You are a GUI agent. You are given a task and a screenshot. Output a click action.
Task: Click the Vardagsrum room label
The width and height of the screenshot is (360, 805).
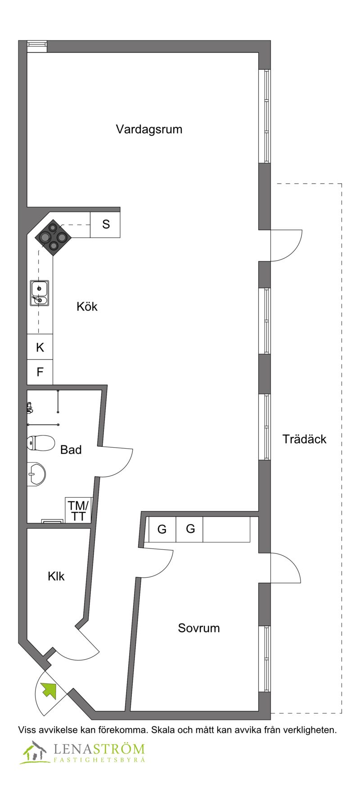pos(149,130)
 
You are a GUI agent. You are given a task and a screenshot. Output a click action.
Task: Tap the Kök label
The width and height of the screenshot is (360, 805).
pos(87,306)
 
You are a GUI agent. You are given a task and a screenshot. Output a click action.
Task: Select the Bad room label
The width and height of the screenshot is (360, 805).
pos(71,450)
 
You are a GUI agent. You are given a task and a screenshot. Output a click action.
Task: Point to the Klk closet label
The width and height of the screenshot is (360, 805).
pos(56,576)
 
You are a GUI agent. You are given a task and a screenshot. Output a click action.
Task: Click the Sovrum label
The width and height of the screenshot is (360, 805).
pos(199,628)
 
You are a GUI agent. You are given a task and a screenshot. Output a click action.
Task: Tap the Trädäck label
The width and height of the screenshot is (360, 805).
pos(304,439)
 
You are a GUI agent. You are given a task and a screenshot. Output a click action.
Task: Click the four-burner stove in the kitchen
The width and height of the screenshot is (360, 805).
pos(53,238)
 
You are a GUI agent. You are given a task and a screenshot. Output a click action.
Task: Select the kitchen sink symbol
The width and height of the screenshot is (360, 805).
pos(40,293)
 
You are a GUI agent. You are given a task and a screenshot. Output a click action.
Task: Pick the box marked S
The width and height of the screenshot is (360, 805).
pos(105,225)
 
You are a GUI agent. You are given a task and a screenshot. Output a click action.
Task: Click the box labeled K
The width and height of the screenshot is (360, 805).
pos(40,347)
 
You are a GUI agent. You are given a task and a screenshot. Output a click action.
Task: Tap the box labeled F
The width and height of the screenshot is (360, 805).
pos(40,372)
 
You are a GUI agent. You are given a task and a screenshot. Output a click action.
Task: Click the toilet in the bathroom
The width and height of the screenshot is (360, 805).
pos(40,443)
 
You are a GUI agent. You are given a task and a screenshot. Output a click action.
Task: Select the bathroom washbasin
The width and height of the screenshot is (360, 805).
pos(36,474)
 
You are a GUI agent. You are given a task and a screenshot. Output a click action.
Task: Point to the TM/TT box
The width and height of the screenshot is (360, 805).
pos(79,510)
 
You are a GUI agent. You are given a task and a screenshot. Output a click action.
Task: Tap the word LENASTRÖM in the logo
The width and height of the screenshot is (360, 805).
pos(99,749)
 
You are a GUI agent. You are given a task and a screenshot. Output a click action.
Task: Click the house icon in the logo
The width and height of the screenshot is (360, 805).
pos(34,752)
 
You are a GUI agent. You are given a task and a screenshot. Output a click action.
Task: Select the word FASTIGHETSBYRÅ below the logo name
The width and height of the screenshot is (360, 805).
pos(99,760)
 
